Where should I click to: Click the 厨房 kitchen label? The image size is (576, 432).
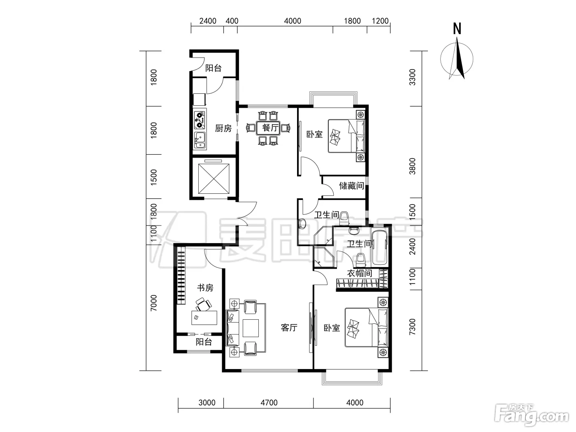tap(223, 128)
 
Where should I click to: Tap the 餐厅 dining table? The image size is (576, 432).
tap(268, 128)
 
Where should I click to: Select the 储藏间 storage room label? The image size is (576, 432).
tap(351, 186)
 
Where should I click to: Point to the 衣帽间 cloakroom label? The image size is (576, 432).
tap(360, 273)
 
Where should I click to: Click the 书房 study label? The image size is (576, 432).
tap(205, 288)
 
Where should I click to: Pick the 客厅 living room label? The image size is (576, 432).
tap(289, 327)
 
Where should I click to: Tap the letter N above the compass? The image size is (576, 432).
tap(457, 29)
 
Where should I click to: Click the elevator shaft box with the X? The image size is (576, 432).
tap(214, 179)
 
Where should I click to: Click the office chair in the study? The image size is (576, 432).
tap(203, 304)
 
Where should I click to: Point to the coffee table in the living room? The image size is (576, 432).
tap(251, 328)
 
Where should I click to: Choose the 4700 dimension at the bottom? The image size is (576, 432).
tap(269, 403)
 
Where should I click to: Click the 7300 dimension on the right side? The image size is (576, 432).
tap(412, 327)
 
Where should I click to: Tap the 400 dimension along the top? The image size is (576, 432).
tap(232, 21)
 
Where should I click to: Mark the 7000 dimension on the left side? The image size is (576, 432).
tap(153, 303)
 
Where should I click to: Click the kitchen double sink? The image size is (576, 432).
tap(200, 140)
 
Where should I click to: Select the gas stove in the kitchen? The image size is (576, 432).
tap(200, 120)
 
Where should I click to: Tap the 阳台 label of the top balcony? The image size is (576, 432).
tap(214, 68)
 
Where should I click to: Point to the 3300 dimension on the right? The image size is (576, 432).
tap(412, 77)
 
